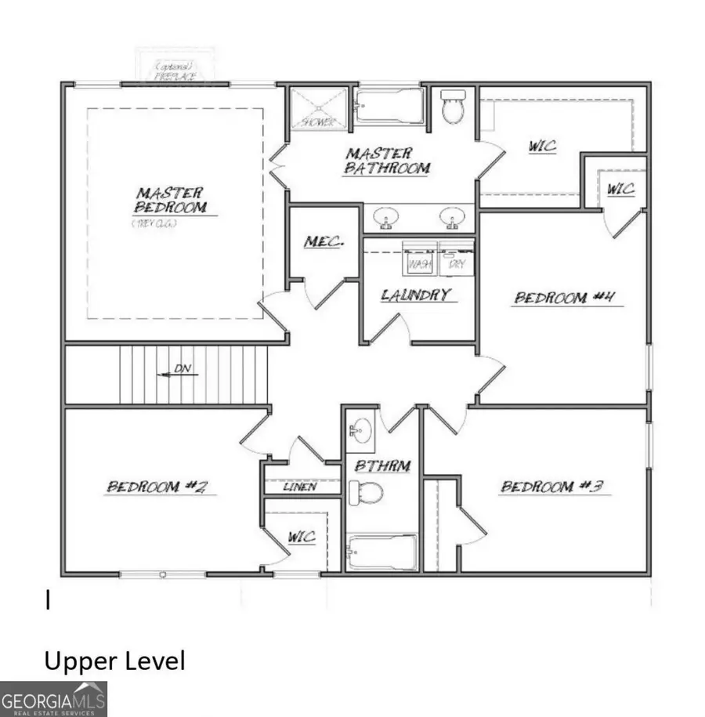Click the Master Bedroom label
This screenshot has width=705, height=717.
(x=171, y=201)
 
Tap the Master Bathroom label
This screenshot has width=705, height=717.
(x=387, y=161)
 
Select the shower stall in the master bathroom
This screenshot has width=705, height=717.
(x=319, y=108)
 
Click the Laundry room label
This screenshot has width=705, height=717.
(x=417, y=295)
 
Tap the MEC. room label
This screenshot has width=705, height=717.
(x=324, y=242)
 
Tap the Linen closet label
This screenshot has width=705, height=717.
(x=301, y=487)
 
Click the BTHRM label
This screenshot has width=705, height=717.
(x=382, y=466)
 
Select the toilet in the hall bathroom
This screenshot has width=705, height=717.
(x=366, y=494)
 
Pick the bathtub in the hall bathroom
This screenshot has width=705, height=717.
(x=382, y=552)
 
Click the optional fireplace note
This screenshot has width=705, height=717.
(x=177, y=71)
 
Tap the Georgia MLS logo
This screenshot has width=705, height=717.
(x=53, y=699)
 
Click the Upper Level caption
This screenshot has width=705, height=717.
(x=114, y=661)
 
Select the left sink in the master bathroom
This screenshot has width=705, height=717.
(x=385, y=217)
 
